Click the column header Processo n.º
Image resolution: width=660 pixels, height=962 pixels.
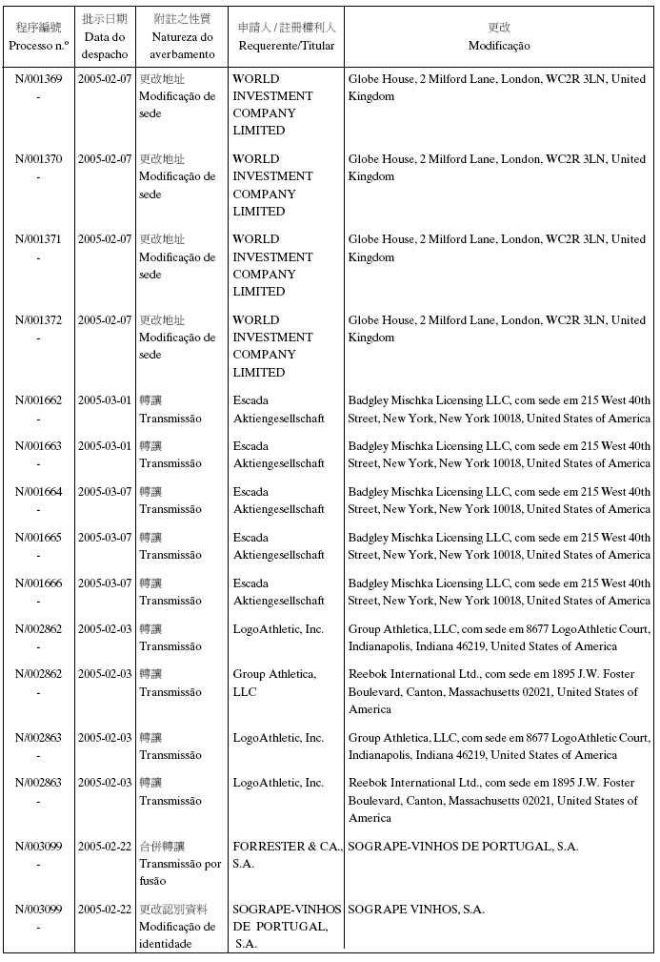coord(38,46)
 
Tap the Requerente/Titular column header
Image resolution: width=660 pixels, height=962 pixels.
coord(287,46)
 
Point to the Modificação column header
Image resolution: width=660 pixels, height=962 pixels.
coord(499,46)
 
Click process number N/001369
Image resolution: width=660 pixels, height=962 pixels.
coord(38,78)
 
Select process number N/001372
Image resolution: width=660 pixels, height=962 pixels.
coord(38,320)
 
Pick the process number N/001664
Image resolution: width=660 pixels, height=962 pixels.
coord(38,492)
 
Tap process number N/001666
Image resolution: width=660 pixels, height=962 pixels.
coord(38,583)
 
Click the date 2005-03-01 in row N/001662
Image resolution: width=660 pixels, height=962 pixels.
coord(105,400)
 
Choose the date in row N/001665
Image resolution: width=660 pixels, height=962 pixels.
coord(105,538)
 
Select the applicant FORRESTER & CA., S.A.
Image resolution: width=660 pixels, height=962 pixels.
coord(287,855)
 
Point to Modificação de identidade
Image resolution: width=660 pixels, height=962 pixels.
coord(177,935)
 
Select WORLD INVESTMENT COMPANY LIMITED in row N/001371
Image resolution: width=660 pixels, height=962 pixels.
coord(272,265)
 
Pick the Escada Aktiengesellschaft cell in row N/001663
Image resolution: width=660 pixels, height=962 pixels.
coord(278,455)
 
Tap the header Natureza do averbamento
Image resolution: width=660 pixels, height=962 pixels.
coord(182,46)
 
